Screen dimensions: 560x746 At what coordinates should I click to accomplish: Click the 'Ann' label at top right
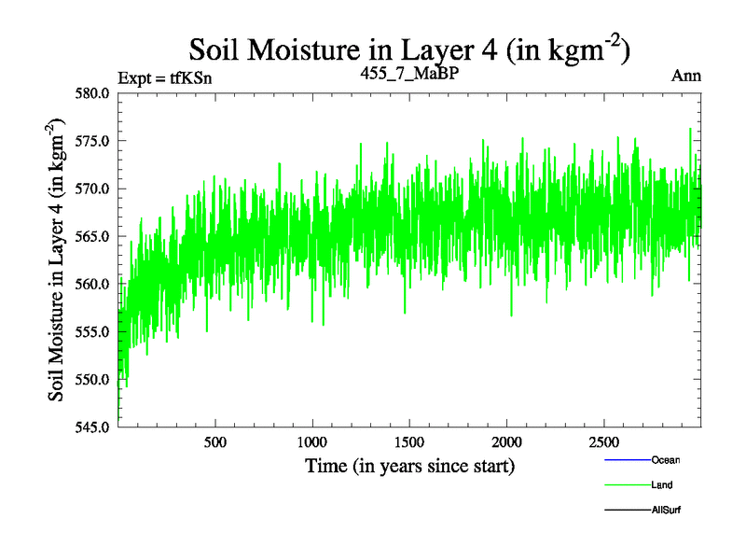coord(686,77)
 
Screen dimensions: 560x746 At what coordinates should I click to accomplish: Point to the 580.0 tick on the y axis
coord(95,93)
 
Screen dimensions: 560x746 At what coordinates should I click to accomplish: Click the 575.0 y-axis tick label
coord(95,141)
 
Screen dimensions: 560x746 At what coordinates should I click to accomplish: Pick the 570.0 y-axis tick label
coord(95,189)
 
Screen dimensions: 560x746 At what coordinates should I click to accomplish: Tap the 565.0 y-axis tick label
coord(95,236)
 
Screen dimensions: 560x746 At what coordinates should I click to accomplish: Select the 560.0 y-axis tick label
coord(95,284)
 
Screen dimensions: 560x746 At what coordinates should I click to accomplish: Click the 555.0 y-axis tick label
coord(95,331)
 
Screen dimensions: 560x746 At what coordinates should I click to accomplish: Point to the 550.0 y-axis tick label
coord(95,379)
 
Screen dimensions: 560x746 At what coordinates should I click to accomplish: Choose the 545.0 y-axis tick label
coord(95,427)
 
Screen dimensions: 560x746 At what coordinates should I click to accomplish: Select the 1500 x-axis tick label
coord(408,441)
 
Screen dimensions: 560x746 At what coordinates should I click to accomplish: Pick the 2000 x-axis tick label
coord(505,441)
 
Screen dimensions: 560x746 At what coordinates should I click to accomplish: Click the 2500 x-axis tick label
coord(603,441)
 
